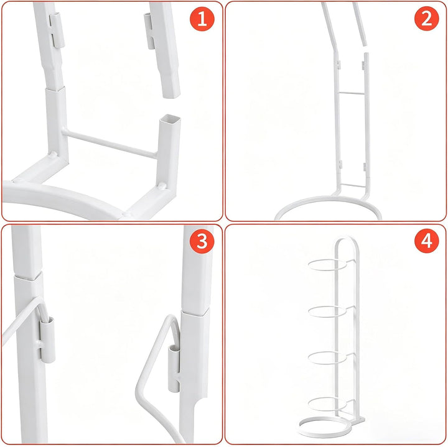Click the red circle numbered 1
click(x=202, y=19)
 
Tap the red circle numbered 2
click(x=427, y=19)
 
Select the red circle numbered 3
click(x=202, y=241)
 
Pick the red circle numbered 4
click(x=427, y=241)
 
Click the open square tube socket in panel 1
click(x=170, y=119)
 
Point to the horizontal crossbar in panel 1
click(x=110, y=144)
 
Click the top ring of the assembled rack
click(x=327, y=265)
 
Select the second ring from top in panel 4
click(x=327, y=311)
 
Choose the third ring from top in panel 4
click(x=327, y=358)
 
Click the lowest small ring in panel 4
click(x=327, y=405)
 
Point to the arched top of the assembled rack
click(x=347, y=237)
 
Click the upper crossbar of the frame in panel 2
click(x=351, y=93)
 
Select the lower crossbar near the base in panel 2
click(x=353, y=185)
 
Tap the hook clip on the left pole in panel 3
click(x=47, y=339)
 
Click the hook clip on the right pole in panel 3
click(x=174, y=368)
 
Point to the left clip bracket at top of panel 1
click(x=57, y=30)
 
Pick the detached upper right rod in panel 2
click(x=360, y=24)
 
